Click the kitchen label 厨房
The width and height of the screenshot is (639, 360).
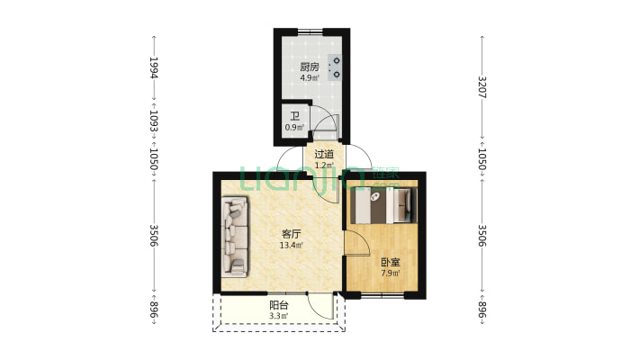click(310, 67)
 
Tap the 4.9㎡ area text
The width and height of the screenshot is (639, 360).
click(310, 78)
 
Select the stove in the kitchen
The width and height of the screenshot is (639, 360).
click(334, 67)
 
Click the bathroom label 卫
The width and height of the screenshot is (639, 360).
click(295, 117)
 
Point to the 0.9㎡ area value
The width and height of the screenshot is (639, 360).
click(294, 127)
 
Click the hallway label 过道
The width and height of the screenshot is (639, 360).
click(324, 155)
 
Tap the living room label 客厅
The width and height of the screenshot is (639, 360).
click(292, 234)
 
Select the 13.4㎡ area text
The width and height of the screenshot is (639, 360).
click(292, 246)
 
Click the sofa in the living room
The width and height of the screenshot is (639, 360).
click(235, 238)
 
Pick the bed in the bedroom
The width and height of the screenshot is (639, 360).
click(384, 205)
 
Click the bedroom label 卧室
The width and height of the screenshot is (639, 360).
click(391, 263)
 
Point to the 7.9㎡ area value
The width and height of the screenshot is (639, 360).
click(391, 274)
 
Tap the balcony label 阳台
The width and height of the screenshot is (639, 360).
click(279, 305)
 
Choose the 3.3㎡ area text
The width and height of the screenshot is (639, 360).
click(279, 316)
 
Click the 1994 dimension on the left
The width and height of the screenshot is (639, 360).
click(154, 67)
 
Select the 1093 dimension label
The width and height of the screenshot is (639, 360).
click(154, 121)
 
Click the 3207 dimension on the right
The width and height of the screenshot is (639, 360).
click(482, 86)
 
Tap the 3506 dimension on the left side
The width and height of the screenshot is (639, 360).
click(154, 236)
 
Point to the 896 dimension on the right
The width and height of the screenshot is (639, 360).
click(482, 310)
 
